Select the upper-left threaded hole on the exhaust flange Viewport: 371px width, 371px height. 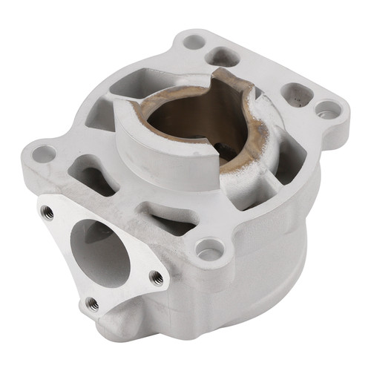coord(47,211)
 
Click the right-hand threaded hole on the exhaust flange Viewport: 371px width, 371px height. coord(157,277)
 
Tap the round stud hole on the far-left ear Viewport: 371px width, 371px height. coord(44,154)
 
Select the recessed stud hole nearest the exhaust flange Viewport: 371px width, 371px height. coord(208,245)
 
